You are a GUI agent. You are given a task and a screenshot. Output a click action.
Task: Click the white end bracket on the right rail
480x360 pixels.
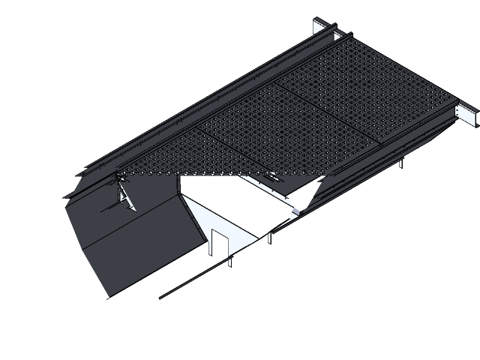(x=470, y=115)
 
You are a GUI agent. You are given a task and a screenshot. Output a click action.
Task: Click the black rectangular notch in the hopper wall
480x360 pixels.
(x=220, y=244)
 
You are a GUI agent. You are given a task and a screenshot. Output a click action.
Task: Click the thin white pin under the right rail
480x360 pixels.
(x=400, y=163)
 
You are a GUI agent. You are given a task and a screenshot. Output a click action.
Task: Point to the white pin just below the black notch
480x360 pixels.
(x=229, y=262)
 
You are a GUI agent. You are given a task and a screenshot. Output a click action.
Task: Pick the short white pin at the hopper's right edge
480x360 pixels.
(x=269, y=238)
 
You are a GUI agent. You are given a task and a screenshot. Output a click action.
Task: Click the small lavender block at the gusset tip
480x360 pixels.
(x=299, y=211)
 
